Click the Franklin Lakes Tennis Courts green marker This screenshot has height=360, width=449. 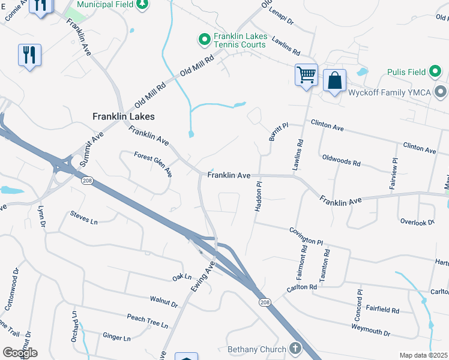coord(204,40)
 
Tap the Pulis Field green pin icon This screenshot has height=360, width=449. coord(436,72)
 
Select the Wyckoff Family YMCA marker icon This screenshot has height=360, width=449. coord(441,92)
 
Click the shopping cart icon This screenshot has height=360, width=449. coord(306,75)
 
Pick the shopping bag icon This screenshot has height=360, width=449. coord(334,80)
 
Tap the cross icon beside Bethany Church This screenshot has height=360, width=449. coord(295,348)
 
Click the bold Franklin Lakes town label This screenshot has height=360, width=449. coord(123,116)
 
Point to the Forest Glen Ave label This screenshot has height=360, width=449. coord(153,164)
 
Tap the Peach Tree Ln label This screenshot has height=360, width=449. coord(147,320)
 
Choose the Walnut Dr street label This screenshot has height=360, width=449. coord(164,301)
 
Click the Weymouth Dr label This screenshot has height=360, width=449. coord(370,329)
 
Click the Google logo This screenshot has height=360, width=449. coord(19,352)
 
